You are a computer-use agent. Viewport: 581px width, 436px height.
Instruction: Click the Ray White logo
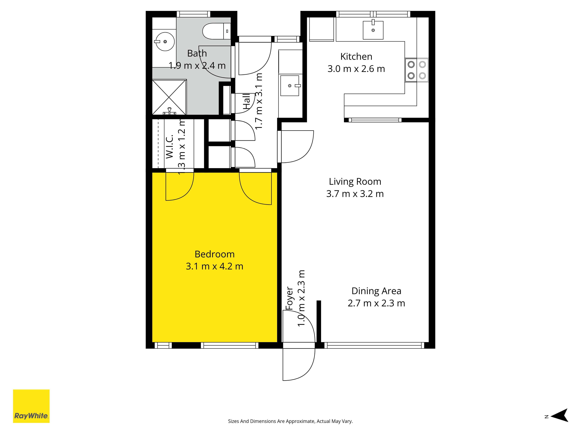coord(31,406)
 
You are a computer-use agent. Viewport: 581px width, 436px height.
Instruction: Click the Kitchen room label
coord(356,57)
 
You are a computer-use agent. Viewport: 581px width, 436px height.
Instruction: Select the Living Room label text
coord(355,182)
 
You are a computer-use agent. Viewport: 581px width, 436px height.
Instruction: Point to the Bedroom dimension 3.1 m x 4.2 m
coord(214,266)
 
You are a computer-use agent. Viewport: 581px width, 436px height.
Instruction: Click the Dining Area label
coord(376,291)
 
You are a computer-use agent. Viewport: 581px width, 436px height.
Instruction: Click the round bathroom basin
coord(165,42)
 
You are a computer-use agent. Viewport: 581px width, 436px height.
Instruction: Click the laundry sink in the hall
coord(290,86)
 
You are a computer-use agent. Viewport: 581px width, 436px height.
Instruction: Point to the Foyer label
coord(289,298)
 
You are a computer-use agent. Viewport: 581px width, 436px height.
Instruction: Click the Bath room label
coord(197,53)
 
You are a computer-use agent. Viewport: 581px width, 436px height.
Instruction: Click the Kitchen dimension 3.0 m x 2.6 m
coord(356,69)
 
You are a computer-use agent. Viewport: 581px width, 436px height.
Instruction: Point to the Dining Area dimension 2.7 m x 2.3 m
coord(376,303)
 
